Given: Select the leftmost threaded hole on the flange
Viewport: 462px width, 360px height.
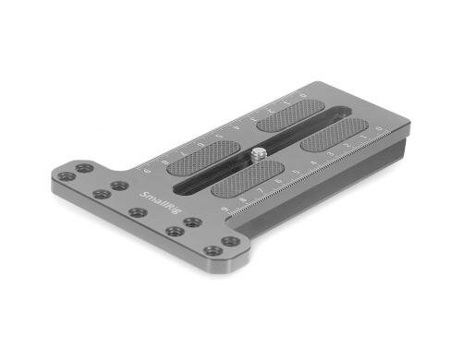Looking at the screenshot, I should pyautogui.click(x=64, y=176).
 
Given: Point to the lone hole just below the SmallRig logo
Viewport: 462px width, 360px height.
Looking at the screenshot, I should pyautogui.click(x=138, y=212).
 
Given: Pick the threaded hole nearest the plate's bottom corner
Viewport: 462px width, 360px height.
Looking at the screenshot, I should pyautogui.click(x=213, y=250).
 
